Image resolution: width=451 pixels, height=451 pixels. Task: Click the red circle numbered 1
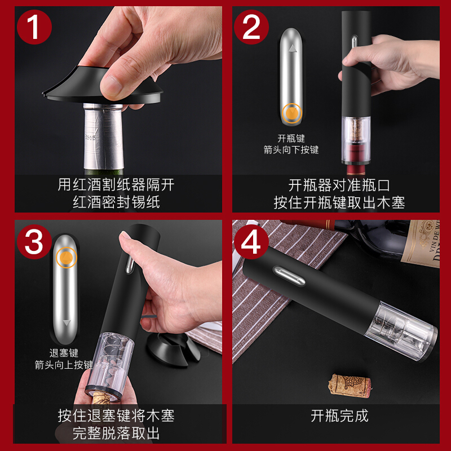point(34,27)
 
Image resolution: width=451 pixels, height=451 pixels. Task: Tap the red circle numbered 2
point(251,27)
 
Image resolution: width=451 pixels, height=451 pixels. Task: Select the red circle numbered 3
point(34,242)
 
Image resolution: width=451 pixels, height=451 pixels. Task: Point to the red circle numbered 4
point(251,242)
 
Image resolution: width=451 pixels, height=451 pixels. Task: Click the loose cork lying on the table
point(350,386)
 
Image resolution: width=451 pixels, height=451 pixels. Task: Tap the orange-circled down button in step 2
point(292,113)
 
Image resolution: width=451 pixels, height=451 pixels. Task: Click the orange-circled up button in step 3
point(67,258)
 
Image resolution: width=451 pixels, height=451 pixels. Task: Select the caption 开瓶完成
point(339,416)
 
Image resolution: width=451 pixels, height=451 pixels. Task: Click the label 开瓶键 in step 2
point(291,138)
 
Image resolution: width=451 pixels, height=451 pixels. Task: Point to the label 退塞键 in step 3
point(64,353)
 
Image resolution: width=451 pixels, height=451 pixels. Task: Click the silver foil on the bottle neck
point(103,136)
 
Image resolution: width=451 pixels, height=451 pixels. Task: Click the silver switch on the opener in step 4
point(289,276)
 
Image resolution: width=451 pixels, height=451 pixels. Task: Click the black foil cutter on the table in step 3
point(173,349)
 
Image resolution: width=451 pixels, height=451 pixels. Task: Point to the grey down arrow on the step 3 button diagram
point(67,322)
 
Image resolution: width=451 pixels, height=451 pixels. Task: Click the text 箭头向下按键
point(291,150)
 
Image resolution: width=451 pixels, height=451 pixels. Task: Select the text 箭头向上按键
point(64,365)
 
